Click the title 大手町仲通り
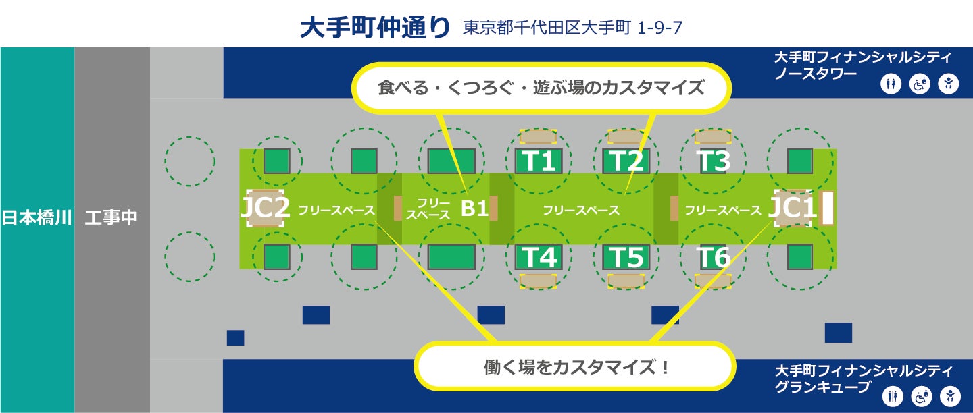tap(375, 28)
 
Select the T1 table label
tap(539, 162)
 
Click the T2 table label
tap(626, 162)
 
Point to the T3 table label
tap(714, 162)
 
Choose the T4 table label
tap(539, 257)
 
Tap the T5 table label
tap(626, 257)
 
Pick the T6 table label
tap(714, 257)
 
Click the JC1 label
tap(793, 209)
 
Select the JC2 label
tap(266, 209)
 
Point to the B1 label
tap(474, 209)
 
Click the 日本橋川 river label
tap(36, 218)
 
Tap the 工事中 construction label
tap(111, 218)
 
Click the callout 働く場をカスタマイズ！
tap(576, 367)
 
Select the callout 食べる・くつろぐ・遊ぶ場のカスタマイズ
tap(541, 88)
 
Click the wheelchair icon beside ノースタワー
tap(920, 84)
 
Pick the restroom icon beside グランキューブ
tap(892, 397)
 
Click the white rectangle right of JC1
tap(827, 209)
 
